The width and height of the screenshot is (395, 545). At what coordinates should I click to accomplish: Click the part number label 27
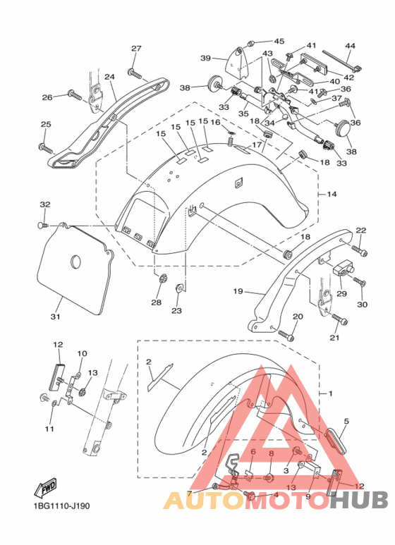pos(136,49)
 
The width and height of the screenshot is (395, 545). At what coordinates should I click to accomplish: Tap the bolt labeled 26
pos(75,94)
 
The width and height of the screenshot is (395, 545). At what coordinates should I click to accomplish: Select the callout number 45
pos(279,41)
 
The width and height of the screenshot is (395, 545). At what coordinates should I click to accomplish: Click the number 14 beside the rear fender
pos(332,194)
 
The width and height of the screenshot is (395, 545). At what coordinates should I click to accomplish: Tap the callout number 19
pos(238,290)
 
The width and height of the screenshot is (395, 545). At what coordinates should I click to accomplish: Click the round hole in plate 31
pos(75,261)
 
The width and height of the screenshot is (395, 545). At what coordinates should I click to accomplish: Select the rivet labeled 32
pos(42,226)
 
